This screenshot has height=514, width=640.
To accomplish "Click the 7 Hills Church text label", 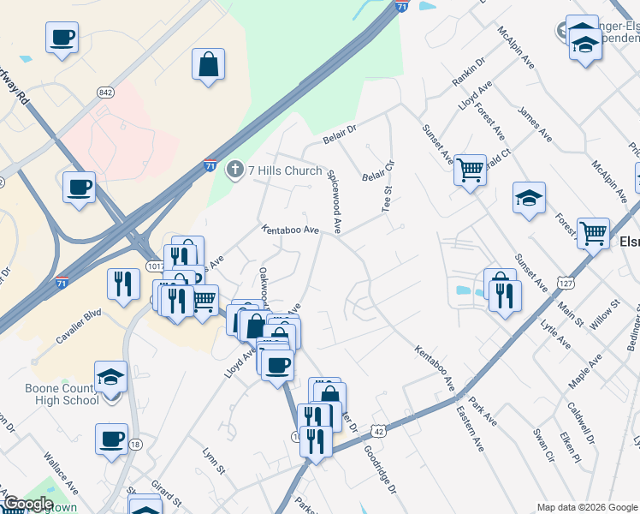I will (285, 170).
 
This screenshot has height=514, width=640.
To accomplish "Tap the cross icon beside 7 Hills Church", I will (234, 170).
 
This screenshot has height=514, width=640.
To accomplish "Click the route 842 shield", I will (106, 93).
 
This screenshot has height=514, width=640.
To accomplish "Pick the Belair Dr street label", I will (339, 135).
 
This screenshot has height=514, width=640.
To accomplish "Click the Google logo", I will (27, 504).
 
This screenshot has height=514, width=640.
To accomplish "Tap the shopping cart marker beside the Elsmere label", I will (593, 233).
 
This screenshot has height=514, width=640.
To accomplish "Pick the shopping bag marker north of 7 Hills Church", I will (209, 64).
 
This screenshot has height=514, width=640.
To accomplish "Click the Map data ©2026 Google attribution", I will (587, 506).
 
